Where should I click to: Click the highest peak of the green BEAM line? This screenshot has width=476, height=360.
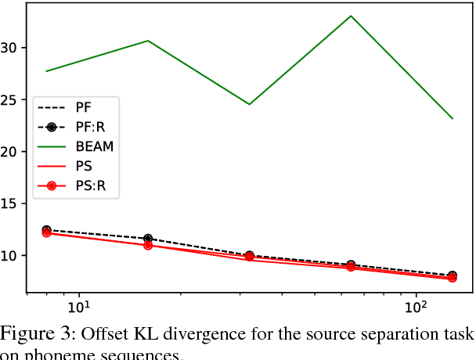(351, 16)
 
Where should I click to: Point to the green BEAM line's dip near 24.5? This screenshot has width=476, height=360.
(249, 104)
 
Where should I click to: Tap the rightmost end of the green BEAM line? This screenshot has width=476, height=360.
(453, 119)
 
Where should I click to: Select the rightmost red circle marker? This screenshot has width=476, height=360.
(453, 278)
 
